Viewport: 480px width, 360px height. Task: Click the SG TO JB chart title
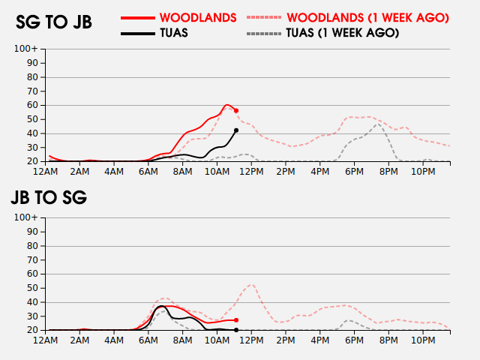(x=54, y=22)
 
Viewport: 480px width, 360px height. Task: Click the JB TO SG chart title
(x=49, y=198)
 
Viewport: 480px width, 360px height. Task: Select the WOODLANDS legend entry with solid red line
(x=198, y=17)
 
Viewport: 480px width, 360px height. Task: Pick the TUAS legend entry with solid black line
(x=174, y=33)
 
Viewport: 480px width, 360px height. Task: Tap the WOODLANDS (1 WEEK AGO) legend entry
(x=367, y=17)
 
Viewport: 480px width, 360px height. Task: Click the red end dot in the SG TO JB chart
(x=236, y=110)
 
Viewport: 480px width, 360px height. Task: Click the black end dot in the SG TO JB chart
(x=236, y=130)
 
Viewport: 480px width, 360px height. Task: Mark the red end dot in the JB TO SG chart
(x=236, y=320)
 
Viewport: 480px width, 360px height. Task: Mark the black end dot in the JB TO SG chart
(x=236, y=330)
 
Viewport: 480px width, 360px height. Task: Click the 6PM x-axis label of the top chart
(x=353, y=172)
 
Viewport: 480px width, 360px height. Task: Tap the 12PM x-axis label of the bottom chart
(x=251, y=340)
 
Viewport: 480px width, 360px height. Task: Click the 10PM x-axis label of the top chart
(x=423, y=172)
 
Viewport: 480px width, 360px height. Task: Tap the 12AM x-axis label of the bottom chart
(x=46, y=340)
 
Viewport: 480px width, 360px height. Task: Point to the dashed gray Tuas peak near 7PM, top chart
(x=379, y=124)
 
